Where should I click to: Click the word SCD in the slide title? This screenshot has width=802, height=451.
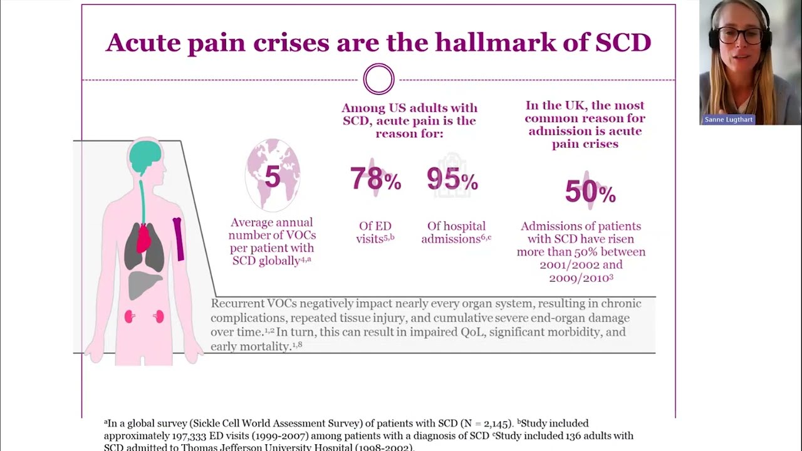point(623,43)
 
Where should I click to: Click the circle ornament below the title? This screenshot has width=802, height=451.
point(378,80)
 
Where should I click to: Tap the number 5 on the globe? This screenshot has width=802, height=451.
point(273,177)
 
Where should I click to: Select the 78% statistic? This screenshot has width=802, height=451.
point(375,179)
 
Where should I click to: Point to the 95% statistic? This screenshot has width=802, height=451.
point(452,180)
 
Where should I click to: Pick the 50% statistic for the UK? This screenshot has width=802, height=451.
point(590,192)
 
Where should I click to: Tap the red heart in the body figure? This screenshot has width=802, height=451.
point(144,238)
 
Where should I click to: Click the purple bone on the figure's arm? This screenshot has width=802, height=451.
point(179,238)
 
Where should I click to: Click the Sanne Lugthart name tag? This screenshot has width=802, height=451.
point(728,120)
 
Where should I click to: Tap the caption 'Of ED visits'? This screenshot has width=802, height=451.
point(375,232)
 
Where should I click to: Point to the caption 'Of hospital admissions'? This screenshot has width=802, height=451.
point(456,232)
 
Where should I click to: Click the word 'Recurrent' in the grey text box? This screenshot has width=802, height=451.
point(234,304)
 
